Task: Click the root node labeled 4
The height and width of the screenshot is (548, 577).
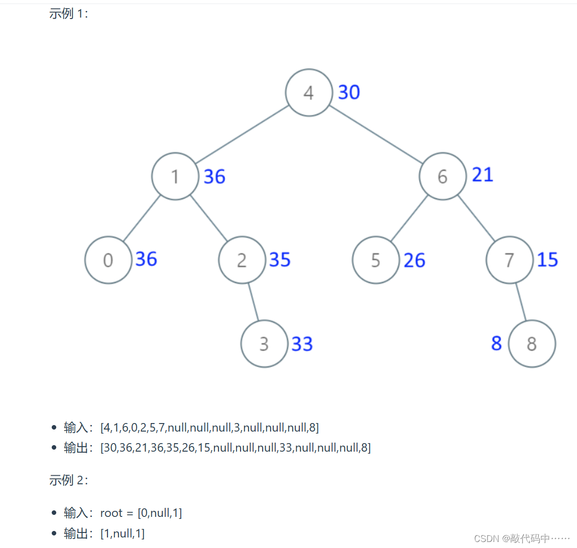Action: click(309, 93)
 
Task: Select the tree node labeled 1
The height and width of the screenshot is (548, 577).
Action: click(175, 177)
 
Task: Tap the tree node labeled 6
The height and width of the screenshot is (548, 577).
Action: click(442, 177)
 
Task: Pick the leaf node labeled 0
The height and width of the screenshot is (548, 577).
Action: click(108, 260)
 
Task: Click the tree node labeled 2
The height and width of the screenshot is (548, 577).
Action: click(242, 260)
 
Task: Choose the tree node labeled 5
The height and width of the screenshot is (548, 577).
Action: click(376, 260)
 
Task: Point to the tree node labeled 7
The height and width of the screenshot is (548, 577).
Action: click(509, 260)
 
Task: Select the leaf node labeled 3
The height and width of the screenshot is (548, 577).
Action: click(264, 344)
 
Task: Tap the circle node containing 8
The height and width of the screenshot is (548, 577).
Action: click(532, 344)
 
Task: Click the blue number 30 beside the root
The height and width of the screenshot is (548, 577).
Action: click(349, 92)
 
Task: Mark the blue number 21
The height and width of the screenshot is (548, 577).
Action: click(483, 175)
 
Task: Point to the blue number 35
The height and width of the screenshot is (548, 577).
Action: click(280, 259)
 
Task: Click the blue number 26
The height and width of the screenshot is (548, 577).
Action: click(414, 260)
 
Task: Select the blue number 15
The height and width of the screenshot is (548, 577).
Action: click(547, 259)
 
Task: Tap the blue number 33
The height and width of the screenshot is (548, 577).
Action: click(302, 344)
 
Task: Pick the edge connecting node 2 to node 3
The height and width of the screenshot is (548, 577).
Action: click(253, 302)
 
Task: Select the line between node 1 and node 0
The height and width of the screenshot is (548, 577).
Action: click(142, 218)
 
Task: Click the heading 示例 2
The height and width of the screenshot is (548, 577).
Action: click(68, 480)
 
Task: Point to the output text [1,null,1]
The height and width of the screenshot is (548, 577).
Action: click(123, 533)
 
